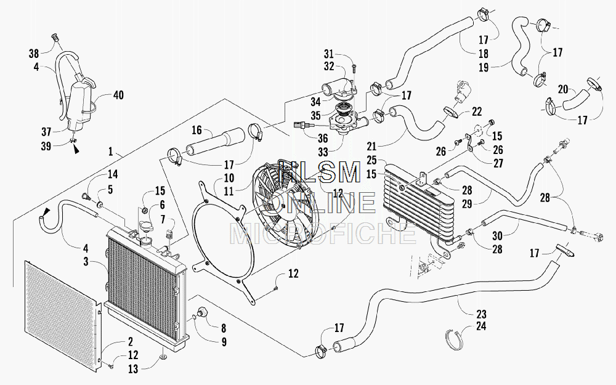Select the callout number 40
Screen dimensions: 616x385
(118, 95)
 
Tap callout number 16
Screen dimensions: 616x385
(197, 130)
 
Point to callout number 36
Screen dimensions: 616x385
(323, 138)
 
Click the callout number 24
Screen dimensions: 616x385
(481, 326)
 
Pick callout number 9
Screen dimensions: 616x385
(224, 342)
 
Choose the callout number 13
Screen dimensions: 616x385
(133, 368)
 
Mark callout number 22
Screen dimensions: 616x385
(477, 111)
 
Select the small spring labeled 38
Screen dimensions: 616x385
(56, 38)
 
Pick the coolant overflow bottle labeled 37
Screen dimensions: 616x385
(78, 105)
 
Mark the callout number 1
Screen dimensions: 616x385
(110, 152)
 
